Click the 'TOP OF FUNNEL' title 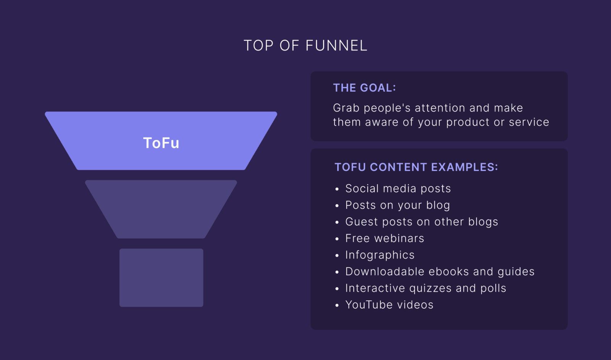[x=305, y=46]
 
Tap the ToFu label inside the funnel [x=161, y=143]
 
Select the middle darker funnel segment [x=161, y=209]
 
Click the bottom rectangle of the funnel [x=161, y=278]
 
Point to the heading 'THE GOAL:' [x=364, y=88]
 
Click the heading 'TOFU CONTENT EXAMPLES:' [x=416, y=167]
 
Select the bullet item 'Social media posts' [x=398, y=189]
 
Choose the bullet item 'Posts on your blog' [x=398, y=205]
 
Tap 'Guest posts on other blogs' [x=422, y=222]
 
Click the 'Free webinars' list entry [x=385, y=239]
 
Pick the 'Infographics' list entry [x=380, y=255]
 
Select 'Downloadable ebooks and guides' [x=440, y=272]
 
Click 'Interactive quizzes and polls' [x=426, y=288]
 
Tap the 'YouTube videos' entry [x=390, y=305]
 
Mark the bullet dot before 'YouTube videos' [x=337, y=305]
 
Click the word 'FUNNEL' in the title [x=336, y=46]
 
